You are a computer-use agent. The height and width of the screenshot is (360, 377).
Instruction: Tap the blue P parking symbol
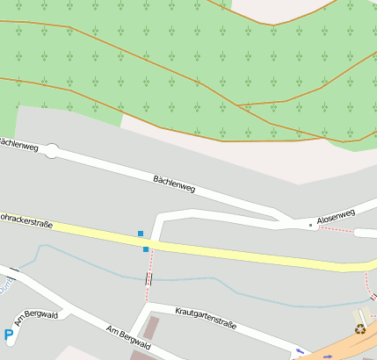point(9,334)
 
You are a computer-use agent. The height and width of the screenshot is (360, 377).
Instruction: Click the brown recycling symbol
point(359,329)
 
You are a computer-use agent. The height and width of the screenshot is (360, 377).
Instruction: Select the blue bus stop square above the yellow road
point(140,234)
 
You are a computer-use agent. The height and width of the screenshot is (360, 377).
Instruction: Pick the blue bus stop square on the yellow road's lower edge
point(146,249)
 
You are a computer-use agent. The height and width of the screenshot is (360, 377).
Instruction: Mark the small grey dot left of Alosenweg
point(310,225)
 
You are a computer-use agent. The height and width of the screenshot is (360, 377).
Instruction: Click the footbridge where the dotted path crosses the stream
point(148,278)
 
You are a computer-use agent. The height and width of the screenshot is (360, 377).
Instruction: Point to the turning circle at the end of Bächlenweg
point(50,151)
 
